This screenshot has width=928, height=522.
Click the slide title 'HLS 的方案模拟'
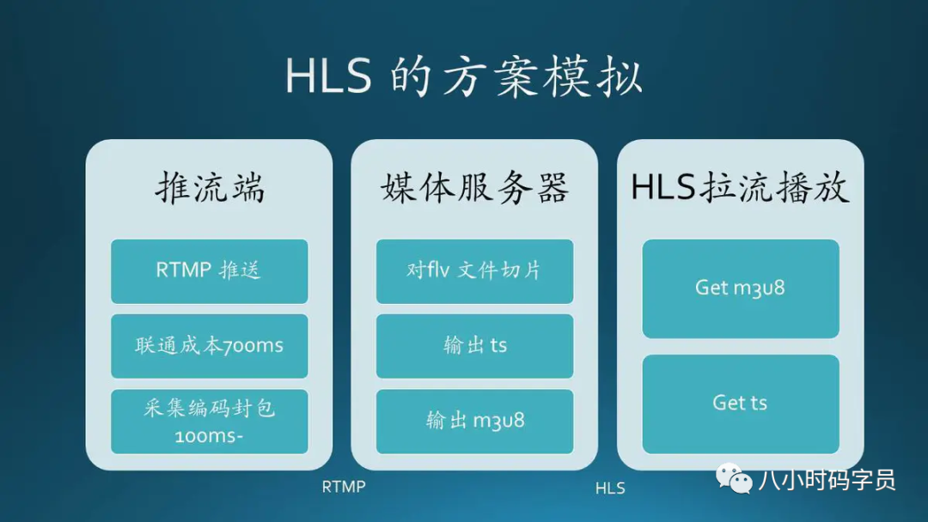tap(463, 77)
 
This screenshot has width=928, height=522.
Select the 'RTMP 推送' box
tap(210, 271)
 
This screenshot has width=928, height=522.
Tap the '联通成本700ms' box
tap(210, 346)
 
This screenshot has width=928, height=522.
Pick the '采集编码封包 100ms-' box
tap(210, 422)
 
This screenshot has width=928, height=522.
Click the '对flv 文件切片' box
tap(474, 271)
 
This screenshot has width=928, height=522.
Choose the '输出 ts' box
tap(474, 346)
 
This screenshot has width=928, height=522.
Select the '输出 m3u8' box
tap(474, 422)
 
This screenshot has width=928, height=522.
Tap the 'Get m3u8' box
tap(741, 288)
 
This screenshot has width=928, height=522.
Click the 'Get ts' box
tap(741, 404)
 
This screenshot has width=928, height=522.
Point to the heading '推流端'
tap(211, 188)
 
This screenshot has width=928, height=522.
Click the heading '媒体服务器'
tap(474, 188)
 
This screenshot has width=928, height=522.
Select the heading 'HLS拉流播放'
tap(740, 188)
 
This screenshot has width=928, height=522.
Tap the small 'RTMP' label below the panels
tap(344, 487)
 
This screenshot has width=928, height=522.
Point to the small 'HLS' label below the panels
tap(610, 489)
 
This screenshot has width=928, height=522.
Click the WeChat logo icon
tap(734, 477)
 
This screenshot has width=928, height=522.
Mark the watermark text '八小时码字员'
tap(827, 480)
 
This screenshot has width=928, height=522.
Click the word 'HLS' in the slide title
tap(328, 77)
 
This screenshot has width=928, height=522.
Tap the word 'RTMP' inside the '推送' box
tap(184, 270)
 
